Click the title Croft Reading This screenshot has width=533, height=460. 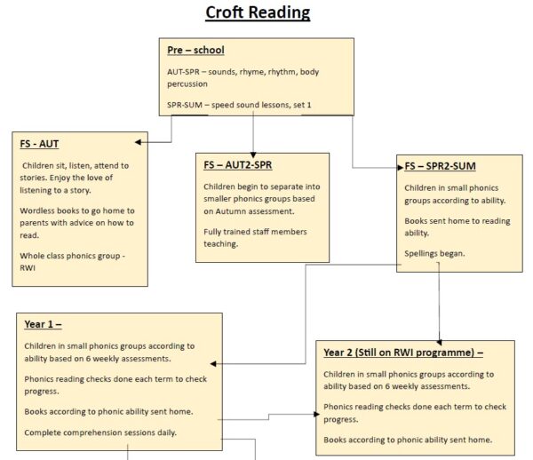(259, 12)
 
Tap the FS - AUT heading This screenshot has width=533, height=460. (40, 143)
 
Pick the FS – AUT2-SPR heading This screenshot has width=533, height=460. (239, 164)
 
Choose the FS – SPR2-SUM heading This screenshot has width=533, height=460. (442, 166)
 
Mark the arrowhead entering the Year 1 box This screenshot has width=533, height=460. (214, 363)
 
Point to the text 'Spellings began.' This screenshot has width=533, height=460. (435, 254)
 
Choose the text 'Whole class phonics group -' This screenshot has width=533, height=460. (76, 255)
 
